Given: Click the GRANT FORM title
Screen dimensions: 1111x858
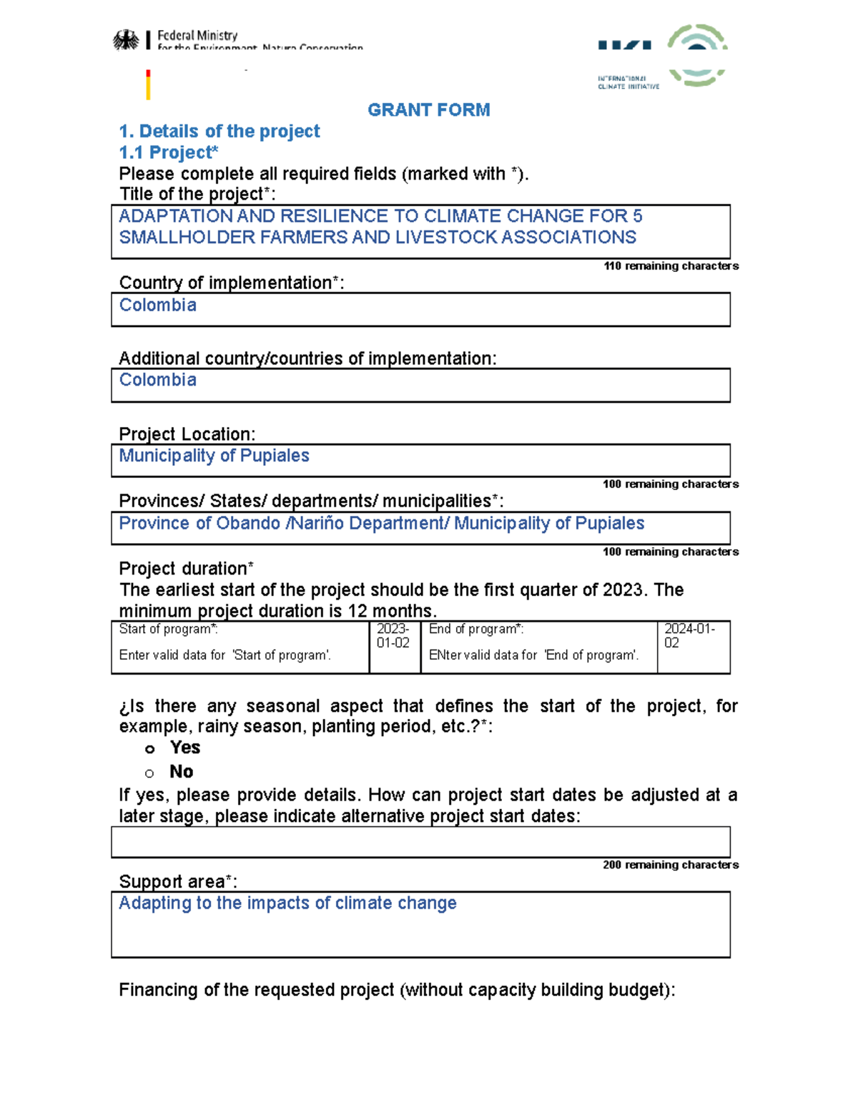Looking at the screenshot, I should [428, 110].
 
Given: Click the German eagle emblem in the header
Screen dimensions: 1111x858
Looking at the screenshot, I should [127, 40].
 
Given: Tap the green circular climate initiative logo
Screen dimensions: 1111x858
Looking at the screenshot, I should [697, 54].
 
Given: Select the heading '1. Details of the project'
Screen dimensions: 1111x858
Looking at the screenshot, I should [219, 132].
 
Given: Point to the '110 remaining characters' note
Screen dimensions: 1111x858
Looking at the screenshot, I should [671, 266].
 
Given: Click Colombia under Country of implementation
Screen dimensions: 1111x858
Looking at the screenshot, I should [157, 305].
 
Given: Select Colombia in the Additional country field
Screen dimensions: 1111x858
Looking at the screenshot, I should [157, 381].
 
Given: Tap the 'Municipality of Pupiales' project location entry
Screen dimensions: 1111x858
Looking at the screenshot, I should [214, 456].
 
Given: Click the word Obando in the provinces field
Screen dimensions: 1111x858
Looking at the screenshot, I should [248, 524].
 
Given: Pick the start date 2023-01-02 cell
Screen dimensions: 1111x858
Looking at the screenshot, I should [393, 636].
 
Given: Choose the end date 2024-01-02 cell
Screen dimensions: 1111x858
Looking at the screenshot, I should [689, 636].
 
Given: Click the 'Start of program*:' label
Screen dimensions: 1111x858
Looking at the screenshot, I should [168, 630].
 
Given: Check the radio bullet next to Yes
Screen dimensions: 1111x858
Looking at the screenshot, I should [149, 749].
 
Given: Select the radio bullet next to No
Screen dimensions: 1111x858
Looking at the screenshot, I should [149, 773].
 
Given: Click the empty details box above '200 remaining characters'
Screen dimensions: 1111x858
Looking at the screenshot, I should [420, 842].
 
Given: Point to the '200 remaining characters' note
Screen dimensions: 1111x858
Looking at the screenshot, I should [670, 865].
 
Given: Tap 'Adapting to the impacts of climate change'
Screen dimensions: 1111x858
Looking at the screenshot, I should [287, 904].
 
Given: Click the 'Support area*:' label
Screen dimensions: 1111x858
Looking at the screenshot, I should [178, 882].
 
